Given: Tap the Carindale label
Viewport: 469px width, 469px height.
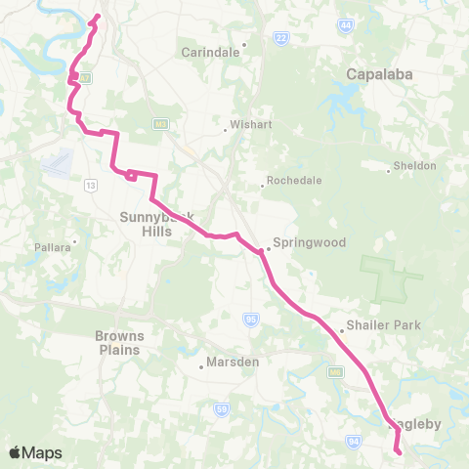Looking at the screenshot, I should (210, 53).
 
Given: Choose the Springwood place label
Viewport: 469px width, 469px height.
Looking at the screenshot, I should (309, 242).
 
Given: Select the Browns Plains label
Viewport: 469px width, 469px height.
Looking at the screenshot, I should (118, 343).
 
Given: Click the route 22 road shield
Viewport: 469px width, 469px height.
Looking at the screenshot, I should (281, 38).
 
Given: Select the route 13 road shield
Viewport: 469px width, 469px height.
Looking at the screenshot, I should (91, 185).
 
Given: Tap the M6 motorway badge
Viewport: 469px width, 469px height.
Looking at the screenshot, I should (335, 372).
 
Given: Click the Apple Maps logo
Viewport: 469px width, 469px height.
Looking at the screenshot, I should (36, 452).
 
